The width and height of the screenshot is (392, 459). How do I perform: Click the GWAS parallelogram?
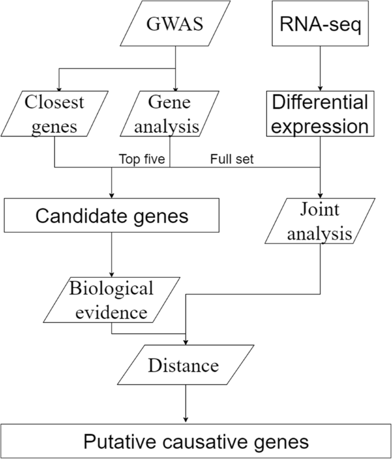click(x=175, y=25)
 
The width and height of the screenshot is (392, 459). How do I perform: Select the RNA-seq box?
click(x=319, y=25)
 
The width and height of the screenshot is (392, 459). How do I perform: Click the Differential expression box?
click(x=319, y=113)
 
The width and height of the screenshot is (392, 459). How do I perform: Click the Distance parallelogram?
click(x=184, y=364)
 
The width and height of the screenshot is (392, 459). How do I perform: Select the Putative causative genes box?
click(x=196, y=441)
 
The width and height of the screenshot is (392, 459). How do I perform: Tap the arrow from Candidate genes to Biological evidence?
click(x=112, y=254)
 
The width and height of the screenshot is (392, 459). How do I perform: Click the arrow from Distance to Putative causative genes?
click(x=185, y=404)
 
